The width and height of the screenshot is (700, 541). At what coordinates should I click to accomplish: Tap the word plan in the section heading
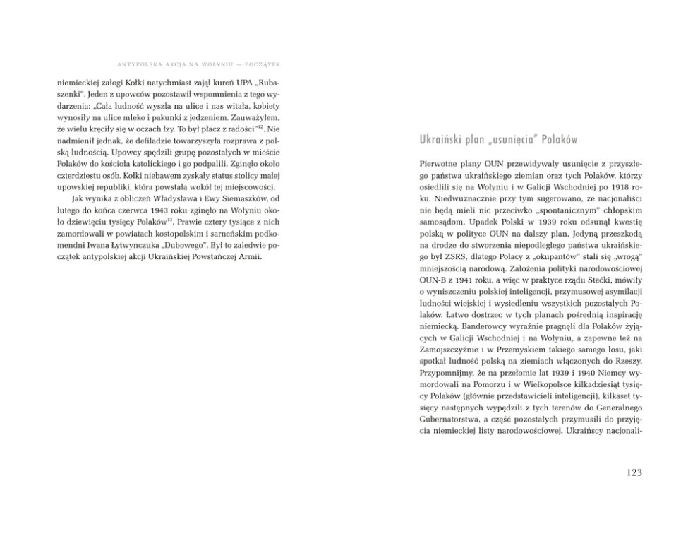[x=483, y=138]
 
